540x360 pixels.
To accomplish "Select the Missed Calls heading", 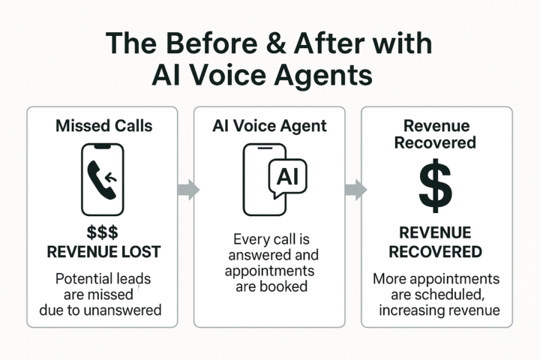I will (x=103, y=125).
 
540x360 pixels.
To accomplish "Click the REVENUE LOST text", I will (x=103, y=252).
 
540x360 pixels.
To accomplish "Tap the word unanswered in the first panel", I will (x=124, y=309).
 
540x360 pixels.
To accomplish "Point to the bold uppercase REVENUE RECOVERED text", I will (x=435, y=241).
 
